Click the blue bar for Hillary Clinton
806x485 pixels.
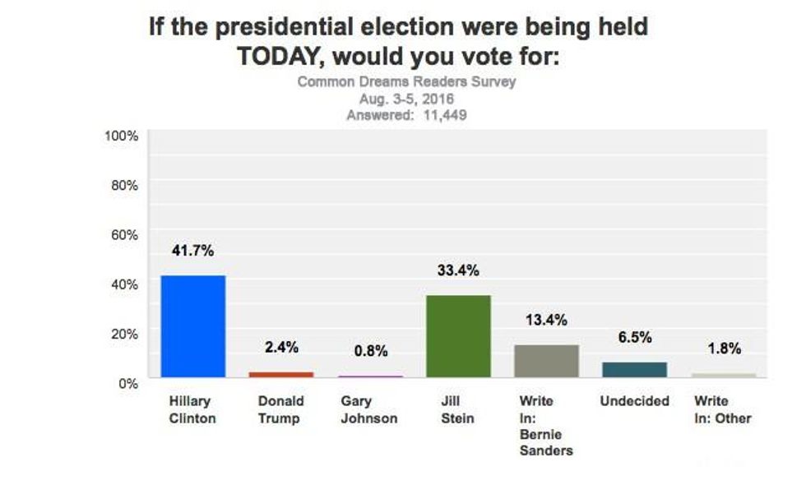tap(192, 326)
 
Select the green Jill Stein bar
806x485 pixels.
tap(459, 336)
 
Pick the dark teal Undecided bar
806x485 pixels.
tap(635, 369)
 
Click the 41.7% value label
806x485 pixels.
tap(192, 251)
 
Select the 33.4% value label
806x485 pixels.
tap(458, 270)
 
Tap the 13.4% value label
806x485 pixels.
tap(547, 320)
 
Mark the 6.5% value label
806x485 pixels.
tap(635, 337)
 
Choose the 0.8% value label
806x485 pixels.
tap(370, 351)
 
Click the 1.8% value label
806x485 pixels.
tap(724, 349)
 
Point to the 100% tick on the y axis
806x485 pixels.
tap(122, 136)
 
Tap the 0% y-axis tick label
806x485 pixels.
tap(128, 382)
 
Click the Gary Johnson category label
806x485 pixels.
tap(368, 409)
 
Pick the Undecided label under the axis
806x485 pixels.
tap(635, 401)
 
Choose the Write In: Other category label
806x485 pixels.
tap(722, 409)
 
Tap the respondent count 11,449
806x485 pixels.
tap(441, 115)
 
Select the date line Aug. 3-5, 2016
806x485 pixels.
tap(406, 99)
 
